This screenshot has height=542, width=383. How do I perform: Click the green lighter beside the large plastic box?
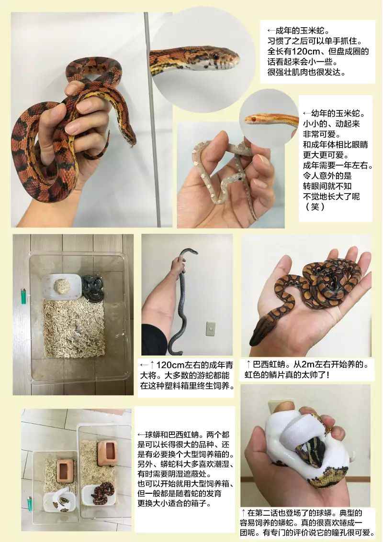(23, 296)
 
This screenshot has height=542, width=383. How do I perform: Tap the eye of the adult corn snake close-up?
(215, 55)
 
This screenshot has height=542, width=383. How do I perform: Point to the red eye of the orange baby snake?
(253, 119)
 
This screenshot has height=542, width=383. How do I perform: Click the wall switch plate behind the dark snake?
(211, 329)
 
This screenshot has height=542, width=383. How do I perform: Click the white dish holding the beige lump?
(62, 287)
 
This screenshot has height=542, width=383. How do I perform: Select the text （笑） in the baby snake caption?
(315, 206)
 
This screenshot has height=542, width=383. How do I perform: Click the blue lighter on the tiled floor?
(29, 504)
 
